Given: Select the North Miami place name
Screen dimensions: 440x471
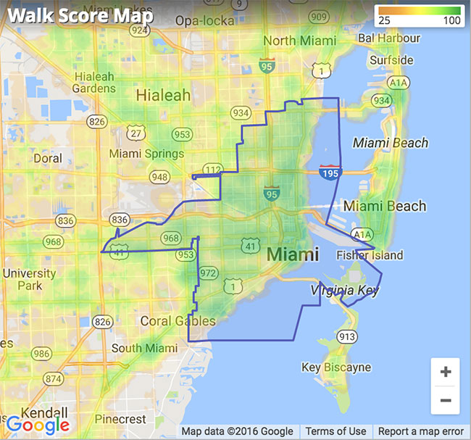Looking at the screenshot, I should (x=299, y=41).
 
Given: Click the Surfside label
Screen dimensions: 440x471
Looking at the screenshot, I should (x=391, y=60).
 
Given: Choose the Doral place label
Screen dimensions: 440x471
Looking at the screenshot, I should (x=48, y=158).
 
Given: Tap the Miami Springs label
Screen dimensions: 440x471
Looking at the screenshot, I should (x=146, y=154).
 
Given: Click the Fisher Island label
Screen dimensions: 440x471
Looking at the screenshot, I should (x=370, y=255).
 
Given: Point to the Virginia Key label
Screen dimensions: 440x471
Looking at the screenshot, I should (x=344, y=290).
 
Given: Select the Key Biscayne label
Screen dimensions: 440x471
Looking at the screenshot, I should (x=336, y=368).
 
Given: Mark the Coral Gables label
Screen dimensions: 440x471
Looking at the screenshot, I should (x=178, y=321).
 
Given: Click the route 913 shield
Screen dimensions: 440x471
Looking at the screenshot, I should (x=347, y=336).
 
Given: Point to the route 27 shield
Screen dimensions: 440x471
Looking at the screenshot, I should (x=136, y=133).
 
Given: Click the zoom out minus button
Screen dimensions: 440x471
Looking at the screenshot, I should (x=445, y=400).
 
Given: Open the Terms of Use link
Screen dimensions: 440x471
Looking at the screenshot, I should (x=335, y=431).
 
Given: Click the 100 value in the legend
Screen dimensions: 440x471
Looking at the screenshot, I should (x=453, y=20).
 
